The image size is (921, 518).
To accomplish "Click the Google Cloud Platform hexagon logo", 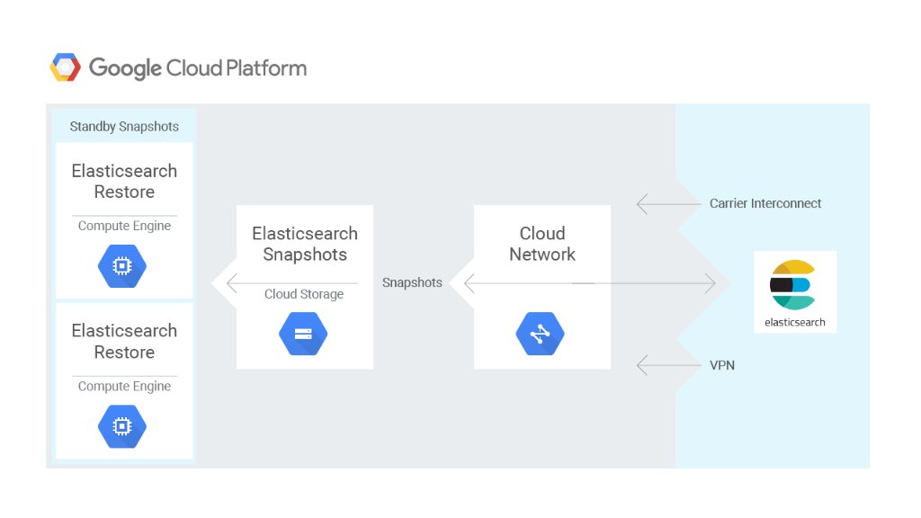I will click(66, 67).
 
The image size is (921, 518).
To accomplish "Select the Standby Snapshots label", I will click(124, 127).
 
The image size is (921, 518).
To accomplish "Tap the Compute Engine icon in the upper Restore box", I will click(122, 267).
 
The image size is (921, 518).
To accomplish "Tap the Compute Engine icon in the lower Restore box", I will click(122, 427).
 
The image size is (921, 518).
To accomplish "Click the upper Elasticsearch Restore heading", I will click(124, 182).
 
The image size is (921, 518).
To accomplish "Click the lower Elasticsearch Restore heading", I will click(124, 342).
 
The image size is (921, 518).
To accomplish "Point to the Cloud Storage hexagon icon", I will click(303, 335).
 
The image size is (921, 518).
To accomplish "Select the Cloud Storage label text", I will click(304, 294).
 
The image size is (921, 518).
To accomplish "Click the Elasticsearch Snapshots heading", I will click(305, 244).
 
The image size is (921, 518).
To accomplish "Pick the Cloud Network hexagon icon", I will click(540, 335).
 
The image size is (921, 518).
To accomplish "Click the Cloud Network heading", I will click(542, 244).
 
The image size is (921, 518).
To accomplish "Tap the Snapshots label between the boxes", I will click(412, 282).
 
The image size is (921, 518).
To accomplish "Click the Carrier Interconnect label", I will click(765, 203).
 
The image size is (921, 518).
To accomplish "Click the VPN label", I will click(722, 366).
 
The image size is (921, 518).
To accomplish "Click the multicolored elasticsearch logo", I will click(793, 285).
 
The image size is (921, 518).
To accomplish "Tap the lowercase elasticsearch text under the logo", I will click(795, 322).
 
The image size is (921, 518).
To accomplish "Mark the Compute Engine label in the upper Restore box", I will click(124, 226).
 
